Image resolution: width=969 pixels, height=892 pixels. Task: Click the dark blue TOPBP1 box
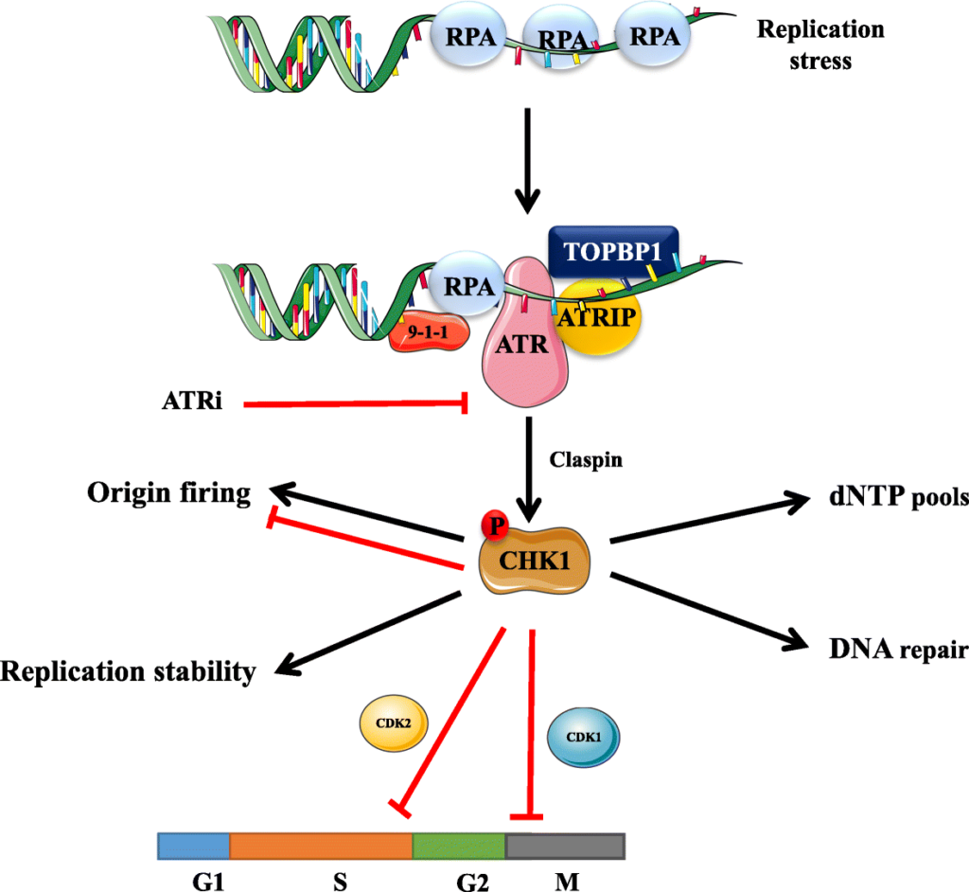[613, 250]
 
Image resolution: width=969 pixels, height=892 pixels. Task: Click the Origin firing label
[169, 492]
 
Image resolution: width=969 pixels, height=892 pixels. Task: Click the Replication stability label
[129, 671]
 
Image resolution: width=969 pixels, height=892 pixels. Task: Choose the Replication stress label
[819, 45]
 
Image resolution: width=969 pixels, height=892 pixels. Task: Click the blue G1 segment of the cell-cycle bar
[194, 846]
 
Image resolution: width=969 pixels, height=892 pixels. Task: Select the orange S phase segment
[321, 846]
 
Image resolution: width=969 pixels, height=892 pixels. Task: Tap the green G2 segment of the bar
[460, 846]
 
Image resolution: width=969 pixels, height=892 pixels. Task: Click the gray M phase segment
[565, 846]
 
